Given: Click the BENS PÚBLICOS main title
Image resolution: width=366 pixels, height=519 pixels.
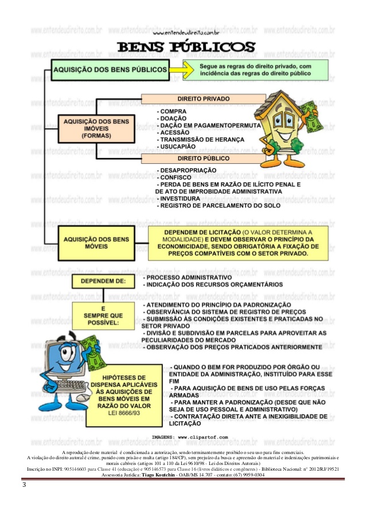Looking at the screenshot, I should [183, 48].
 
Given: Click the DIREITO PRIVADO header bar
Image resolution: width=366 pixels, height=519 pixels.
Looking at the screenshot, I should [204, 99].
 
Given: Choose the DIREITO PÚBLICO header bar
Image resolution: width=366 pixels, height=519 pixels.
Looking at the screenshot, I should [204, 158].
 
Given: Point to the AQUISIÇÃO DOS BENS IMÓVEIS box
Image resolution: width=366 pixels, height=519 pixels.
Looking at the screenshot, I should [97, 129].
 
